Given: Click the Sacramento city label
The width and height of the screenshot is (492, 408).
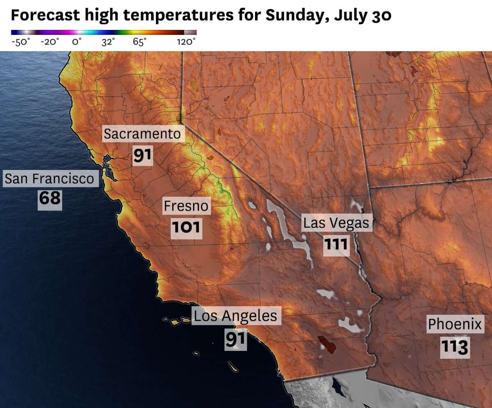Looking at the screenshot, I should [142, 134].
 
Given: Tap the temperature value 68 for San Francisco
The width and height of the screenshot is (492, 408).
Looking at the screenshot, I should [50, 199].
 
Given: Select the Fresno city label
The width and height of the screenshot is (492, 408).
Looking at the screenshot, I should [186, 206].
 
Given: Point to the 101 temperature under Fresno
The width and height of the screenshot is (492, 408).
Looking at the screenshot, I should [186, 227].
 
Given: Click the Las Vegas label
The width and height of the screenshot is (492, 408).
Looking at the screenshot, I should [336, 223].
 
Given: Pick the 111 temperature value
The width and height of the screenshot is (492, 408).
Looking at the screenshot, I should [336, 245].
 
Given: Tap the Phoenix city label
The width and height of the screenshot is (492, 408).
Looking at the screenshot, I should [455, 324].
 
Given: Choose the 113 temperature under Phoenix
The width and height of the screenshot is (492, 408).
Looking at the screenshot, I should [455, 347].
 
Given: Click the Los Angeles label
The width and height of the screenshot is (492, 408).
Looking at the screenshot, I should [235, 316].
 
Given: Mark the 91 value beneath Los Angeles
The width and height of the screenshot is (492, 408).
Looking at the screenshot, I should [235, 339].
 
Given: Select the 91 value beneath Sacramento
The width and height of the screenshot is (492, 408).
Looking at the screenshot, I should [142, 155].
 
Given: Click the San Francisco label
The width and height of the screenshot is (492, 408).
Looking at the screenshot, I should [49, 179].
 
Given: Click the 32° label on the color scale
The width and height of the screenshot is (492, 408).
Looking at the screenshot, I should [108, 42].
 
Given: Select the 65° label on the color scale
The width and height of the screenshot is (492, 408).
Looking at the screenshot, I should [139, 42].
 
